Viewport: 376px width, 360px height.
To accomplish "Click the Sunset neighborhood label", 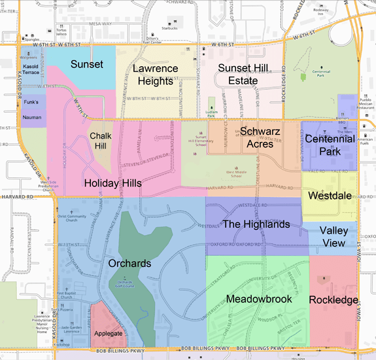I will click(87, 64).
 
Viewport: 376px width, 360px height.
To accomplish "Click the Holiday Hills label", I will click(112, 183).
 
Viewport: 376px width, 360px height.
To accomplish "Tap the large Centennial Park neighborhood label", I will click(330, 145).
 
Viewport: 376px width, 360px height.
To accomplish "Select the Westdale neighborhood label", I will click(330, 195).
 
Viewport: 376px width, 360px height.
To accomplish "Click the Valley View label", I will click(337, 238).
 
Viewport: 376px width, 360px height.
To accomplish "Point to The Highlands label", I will click(256, 225).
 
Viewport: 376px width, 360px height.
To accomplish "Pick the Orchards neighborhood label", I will click(131, 264).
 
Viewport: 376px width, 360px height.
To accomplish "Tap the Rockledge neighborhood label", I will click(333, 299).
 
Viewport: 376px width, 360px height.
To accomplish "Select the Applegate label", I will click(108, 333).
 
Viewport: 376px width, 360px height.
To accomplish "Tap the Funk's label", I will click(32, 102).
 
